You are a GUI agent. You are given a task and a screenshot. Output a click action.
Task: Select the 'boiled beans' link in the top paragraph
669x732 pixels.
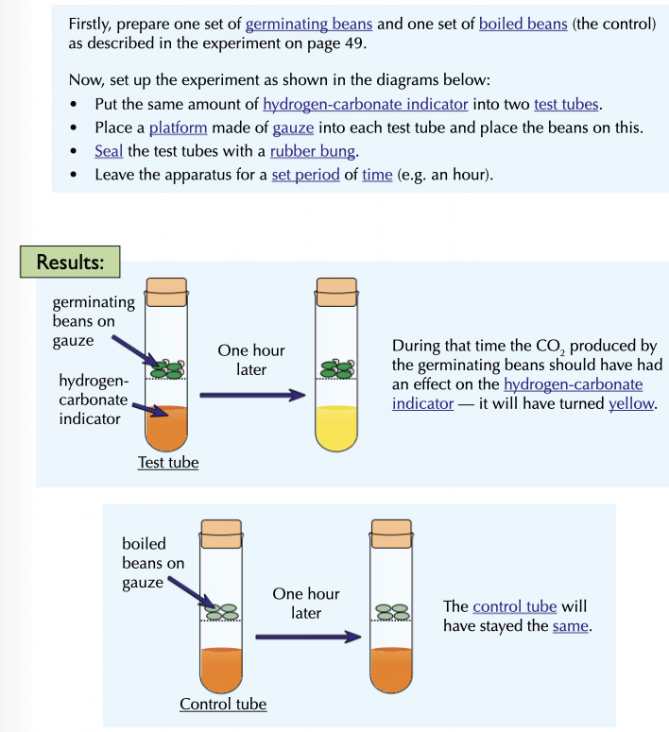click(x=523, y=24)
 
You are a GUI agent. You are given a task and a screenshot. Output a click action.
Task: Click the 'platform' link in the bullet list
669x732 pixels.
click(x=176, y=128)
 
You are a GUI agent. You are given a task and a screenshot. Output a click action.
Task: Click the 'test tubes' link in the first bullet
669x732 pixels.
click(x=566, y=104)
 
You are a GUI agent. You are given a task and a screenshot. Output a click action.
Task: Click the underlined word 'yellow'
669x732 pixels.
click(x=631, y=403)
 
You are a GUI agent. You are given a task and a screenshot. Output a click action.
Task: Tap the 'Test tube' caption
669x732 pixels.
click(x=168, y=463)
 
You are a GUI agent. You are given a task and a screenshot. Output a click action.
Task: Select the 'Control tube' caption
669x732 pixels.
click(x=223, y=704)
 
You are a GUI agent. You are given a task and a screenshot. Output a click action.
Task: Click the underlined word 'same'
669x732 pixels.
click(x=570, y=626)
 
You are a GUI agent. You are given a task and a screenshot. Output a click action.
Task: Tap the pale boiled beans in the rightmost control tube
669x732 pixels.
click(x=392, y=612)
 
